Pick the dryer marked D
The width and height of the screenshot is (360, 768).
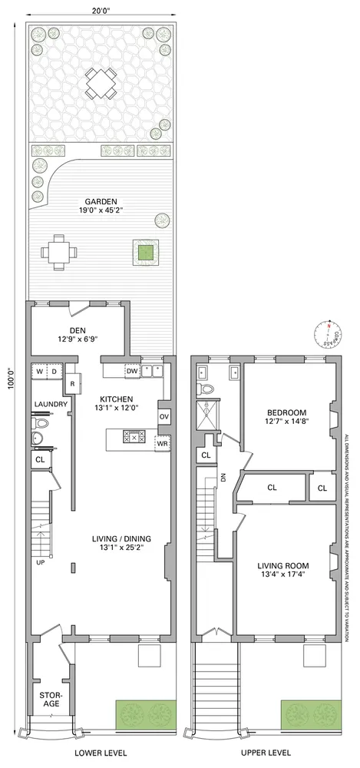coord(54,372)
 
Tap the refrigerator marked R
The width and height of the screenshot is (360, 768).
coord(72,383)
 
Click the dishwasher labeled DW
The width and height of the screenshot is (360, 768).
coord(131,371)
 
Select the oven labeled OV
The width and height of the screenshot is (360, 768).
coord(163,415)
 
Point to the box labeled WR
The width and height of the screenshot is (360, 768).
coord(162,443)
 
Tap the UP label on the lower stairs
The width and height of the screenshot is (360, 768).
coord(41,540)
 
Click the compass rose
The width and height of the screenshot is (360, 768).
coord(328,335)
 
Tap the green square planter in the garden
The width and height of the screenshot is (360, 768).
coord(144,251)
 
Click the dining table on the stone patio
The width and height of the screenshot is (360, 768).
coord(101,83)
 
